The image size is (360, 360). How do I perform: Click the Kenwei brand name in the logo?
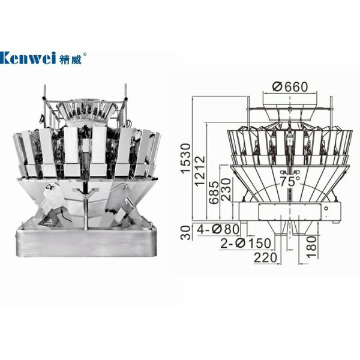[28, 58]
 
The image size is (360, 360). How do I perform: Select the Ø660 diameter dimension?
[290, 87]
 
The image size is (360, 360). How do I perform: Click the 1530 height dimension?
[185, 158]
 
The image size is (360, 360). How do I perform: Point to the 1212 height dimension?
[200, 171]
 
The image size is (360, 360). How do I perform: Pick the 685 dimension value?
[214, 193]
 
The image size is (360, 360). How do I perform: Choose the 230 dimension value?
[226, 190]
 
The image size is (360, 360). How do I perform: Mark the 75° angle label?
[290, 181]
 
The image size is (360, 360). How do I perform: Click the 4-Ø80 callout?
[218, 229]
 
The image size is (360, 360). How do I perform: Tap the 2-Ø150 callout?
[245, 244]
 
